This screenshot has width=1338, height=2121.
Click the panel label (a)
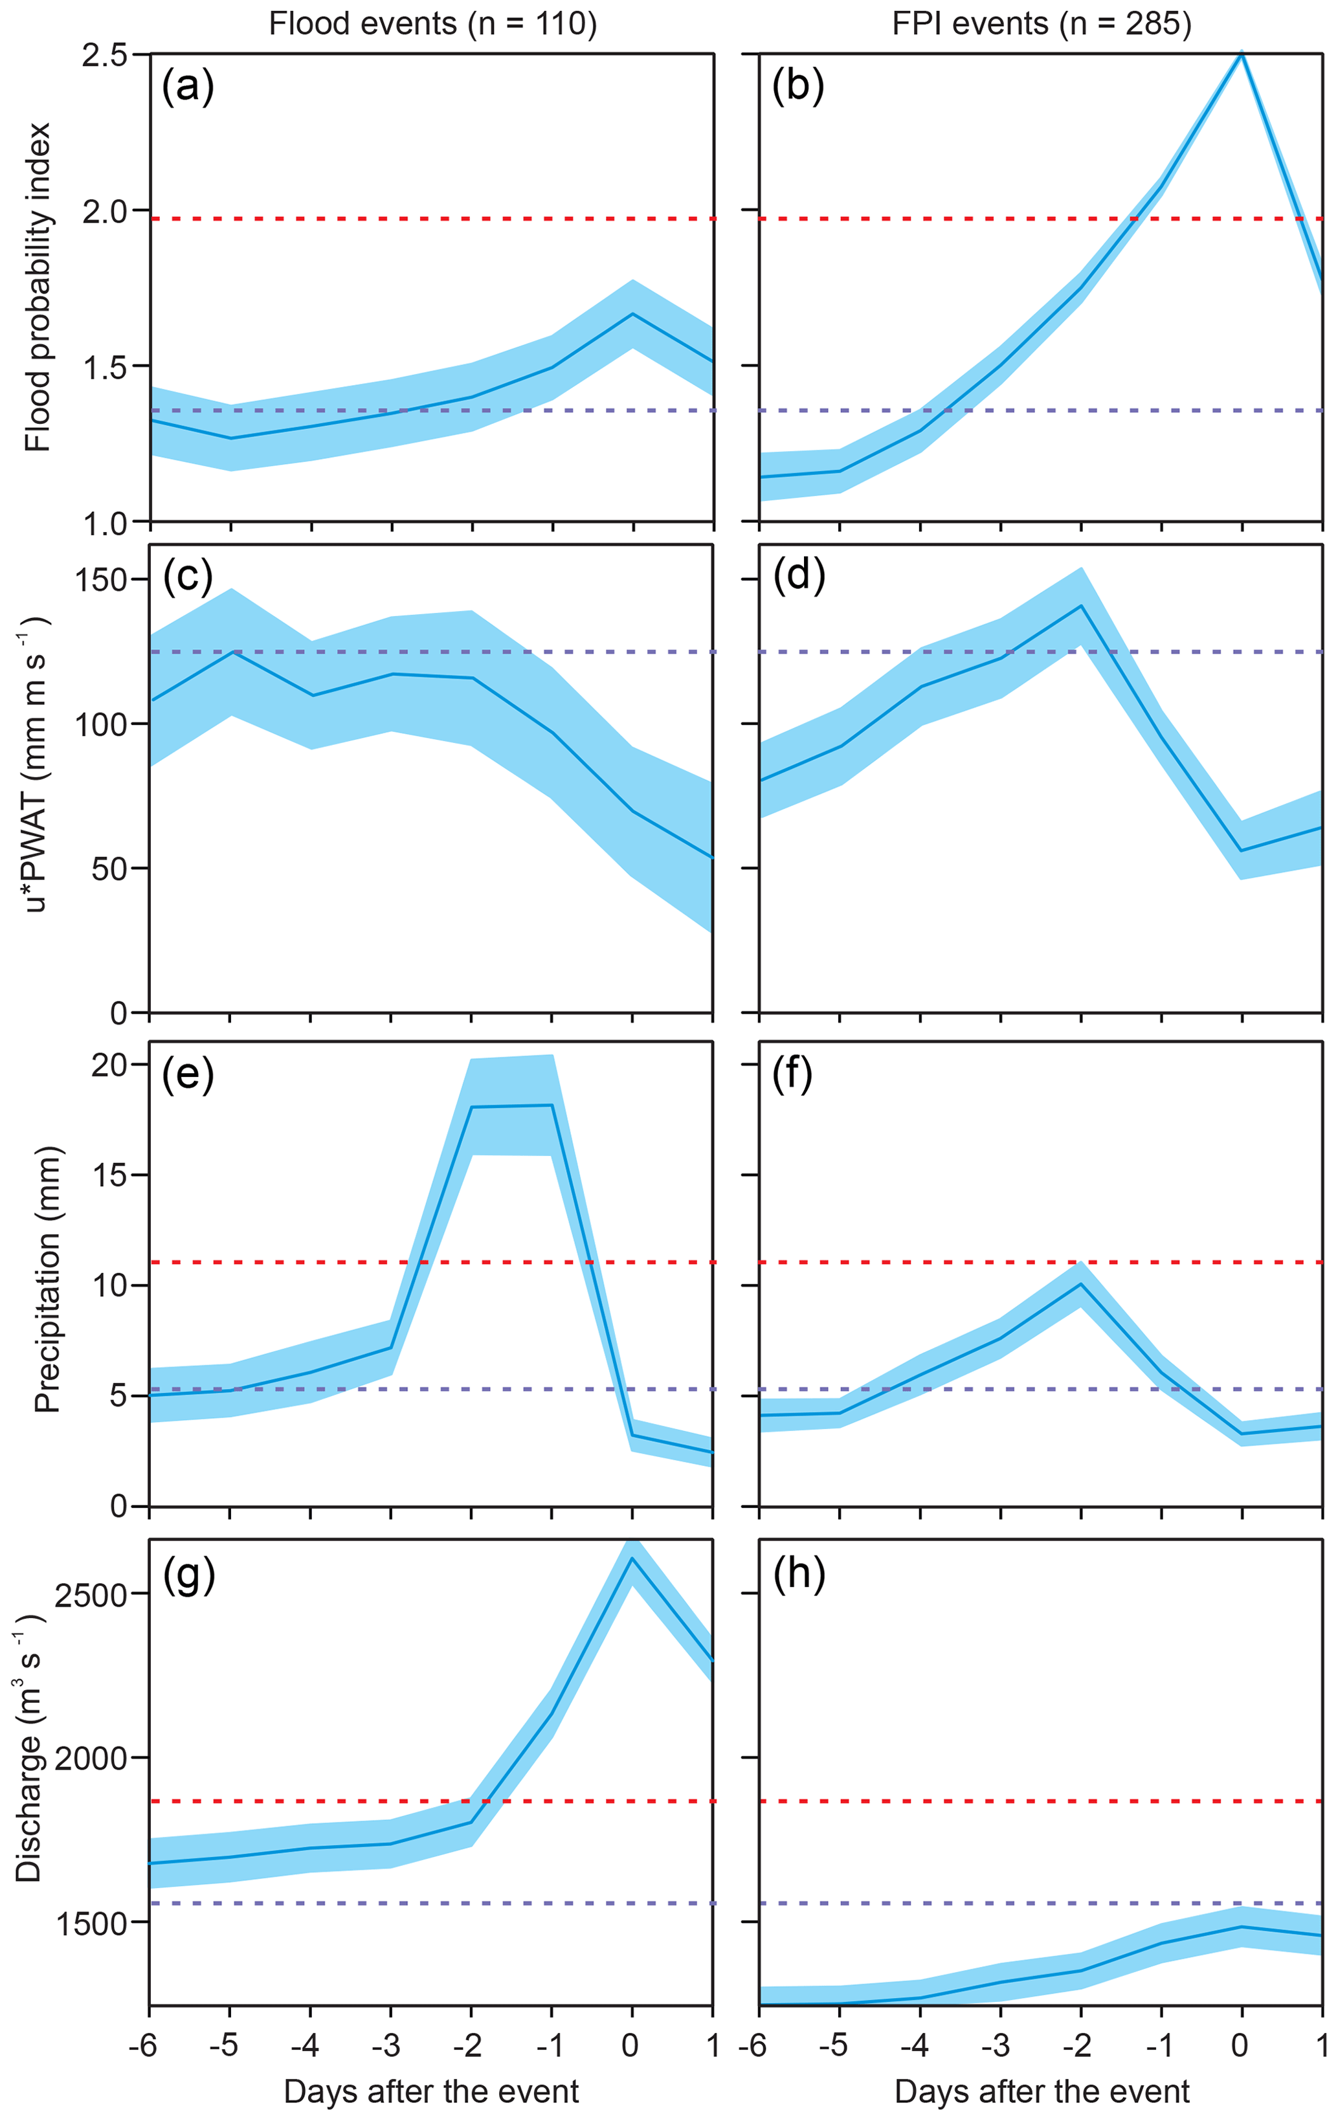click(188, 87)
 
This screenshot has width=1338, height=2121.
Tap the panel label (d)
click(798, 576)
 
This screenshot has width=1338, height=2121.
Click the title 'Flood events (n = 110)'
click(432, 24)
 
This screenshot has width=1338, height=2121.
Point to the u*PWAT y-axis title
click(35, 763)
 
